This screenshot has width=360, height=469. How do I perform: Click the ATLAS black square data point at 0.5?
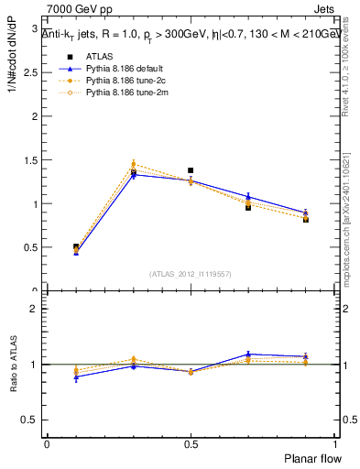(x=191, y=170)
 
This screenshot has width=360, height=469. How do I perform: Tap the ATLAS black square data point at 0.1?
(x=76, y=247)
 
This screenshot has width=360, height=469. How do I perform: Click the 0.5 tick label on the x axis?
(x=191, y=443)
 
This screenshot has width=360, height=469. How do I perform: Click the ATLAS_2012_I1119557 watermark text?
(x=190, y=275)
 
